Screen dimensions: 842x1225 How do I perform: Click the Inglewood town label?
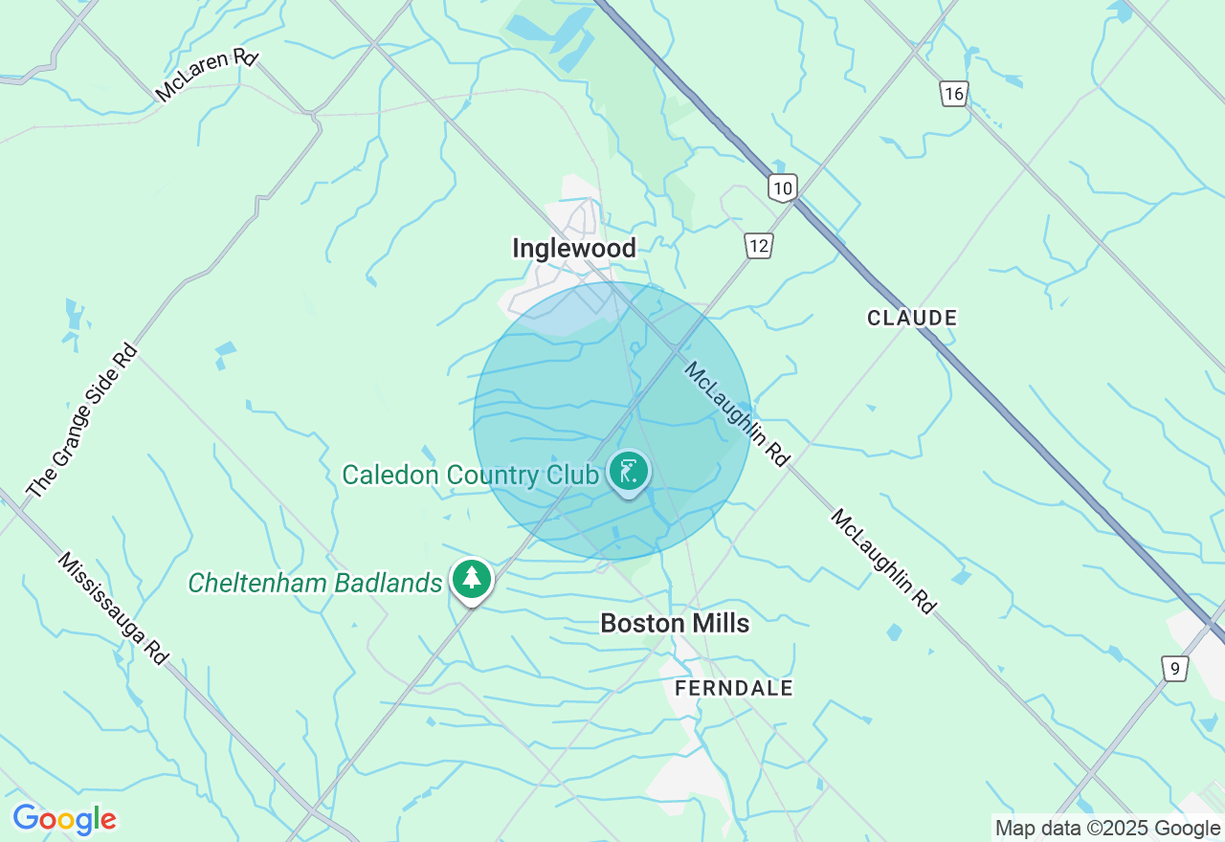click(573, 249)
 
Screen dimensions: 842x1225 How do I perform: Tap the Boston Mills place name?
click(675, 624)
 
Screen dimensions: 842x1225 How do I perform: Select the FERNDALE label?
click(734, 688)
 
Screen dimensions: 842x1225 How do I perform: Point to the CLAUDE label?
click(912, 318)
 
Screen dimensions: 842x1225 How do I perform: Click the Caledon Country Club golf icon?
click(629, 473)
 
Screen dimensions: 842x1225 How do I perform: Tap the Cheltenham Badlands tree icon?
click(471, 579)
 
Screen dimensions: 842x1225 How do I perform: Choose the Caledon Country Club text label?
click(470, 475)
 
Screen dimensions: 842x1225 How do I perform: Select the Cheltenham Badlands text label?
click(315, 583)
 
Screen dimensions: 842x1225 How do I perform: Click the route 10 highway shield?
click(782, 188)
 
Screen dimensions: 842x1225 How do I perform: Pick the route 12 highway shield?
click(758, 246)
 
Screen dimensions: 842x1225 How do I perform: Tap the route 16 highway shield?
click(953, 94)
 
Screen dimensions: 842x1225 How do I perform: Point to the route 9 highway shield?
click(1174, 668)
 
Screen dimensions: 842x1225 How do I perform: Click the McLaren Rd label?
click(207, 76)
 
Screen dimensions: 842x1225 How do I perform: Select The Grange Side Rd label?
click(82, 422)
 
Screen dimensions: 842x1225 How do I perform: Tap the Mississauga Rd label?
click(113, 608)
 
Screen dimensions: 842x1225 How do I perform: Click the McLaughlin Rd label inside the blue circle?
click(736, 413)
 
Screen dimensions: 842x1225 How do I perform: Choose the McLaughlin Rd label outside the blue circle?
click(882, 561)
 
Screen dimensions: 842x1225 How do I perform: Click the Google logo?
click(64, 819)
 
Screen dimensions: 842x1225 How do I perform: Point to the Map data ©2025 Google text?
click(1108, 829)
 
